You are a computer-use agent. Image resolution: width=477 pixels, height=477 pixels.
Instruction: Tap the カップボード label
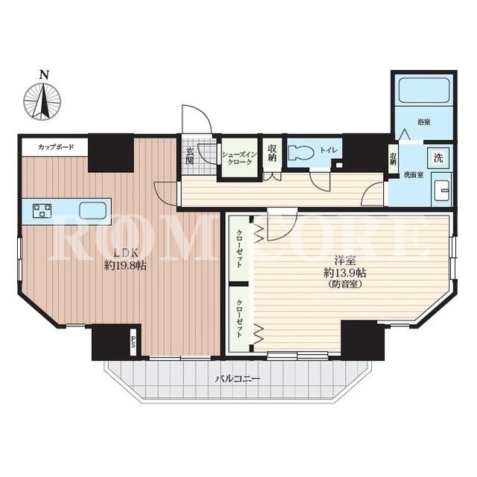56,148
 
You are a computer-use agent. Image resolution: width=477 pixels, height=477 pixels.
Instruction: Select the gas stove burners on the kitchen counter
42,211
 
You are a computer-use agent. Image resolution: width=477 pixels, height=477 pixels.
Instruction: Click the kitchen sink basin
92,211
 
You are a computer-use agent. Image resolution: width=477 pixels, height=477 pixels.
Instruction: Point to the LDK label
126,253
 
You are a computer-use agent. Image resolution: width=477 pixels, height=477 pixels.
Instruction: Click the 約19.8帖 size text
125,266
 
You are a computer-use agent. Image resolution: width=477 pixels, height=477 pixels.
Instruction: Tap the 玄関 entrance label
189,156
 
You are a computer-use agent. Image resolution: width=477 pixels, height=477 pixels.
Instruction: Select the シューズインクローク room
239,157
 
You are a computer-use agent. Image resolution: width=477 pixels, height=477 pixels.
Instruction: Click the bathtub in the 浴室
424,90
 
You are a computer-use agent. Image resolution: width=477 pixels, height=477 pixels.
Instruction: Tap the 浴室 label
424,122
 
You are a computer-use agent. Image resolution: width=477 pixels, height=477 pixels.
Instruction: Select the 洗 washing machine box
438,158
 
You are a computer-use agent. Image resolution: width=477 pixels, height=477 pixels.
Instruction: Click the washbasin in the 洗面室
443,191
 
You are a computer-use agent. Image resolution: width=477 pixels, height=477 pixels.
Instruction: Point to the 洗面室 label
413,175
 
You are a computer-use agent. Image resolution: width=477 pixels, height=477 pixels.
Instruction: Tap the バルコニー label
238,379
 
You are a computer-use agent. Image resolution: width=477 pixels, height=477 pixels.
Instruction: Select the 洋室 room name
345,260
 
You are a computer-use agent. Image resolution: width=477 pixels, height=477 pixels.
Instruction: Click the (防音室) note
345,285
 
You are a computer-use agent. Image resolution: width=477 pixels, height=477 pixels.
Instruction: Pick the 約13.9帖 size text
344,273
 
